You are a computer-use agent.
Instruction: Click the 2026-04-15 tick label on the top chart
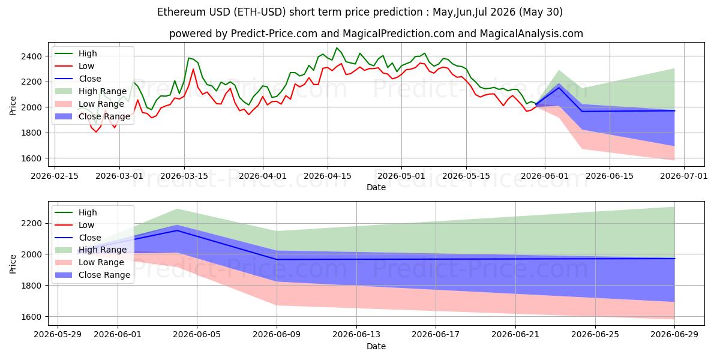coord(328,176)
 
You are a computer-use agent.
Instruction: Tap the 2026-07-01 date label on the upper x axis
coord(683,176)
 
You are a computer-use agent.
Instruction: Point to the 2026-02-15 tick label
coord(55,176)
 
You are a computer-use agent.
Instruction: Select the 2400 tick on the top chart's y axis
coord(31,56)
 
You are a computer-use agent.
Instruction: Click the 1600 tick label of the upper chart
coord(31,158)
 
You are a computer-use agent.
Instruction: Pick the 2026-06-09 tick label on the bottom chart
coord(277,335)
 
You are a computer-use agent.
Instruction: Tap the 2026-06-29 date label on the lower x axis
coord(674,335)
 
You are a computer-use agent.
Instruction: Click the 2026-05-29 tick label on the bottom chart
coord(58,335)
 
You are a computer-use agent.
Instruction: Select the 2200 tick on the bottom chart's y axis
coord(31,223)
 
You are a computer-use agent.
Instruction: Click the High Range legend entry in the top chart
coord(91,91)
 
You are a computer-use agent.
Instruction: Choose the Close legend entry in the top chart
coord(78,79)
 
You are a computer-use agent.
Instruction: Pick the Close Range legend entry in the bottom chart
coord(92,275)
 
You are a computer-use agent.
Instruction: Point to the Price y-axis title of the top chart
coord(13,106)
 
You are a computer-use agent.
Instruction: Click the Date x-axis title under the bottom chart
coord(376,346)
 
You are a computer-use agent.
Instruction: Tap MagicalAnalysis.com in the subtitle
coord(532,34)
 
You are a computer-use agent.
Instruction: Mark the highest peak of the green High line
coord(337,48)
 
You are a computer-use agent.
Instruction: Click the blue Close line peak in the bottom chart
coord(177,230)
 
